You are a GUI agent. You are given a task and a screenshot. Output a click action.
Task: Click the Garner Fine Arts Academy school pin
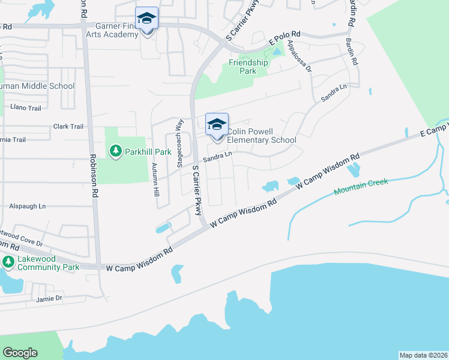click(146, 20)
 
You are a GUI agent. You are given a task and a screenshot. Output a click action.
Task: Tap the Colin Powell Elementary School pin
click(217, 126)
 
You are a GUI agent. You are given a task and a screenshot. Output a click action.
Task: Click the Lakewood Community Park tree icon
click(8, 262)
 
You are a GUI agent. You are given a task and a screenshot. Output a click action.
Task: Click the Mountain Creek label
click(361, 187)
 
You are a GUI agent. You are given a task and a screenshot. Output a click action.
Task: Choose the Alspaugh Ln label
click(27, 206)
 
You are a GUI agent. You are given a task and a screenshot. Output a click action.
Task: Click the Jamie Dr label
click(49, 298)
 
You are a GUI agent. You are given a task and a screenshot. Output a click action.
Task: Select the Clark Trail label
click(68, 127)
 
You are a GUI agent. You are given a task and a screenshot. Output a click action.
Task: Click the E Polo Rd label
click(285, 41)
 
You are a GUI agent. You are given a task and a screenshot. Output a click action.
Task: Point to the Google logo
click(20, 353)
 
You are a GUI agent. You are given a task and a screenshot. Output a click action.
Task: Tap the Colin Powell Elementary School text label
click(261, 136)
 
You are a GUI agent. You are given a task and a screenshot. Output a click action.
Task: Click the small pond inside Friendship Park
click(276, 52)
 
